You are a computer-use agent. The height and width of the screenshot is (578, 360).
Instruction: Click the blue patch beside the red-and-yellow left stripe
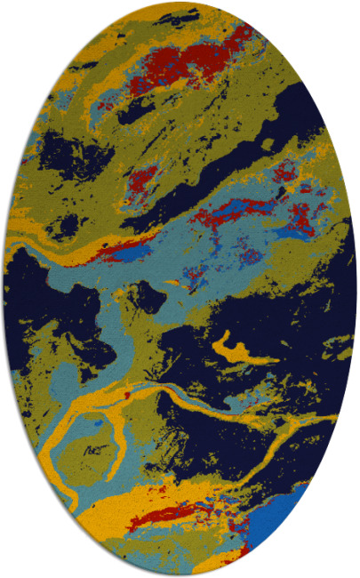click(x=133, y=255)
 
